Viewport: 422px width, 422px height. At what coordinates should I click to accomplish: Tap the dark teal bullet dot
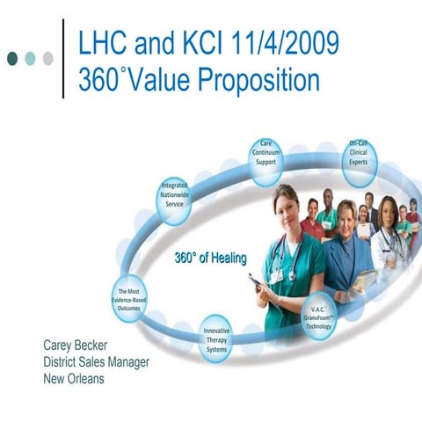12,58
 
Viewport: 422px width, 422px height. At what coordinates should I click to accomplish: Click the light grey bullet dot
47,58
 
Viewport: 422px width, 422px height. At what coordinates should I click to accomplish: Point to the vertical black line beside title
63,58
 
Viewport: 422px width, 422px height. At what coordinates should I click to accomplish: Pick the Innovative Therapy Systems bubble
216,336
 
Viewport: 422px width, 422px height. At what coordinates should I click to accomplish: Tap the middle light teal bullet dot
30,58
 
